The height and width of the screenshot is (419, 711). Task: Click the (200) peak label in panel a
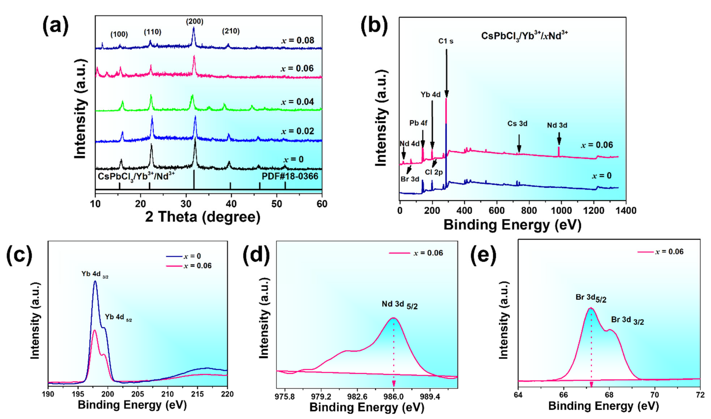[194, 21]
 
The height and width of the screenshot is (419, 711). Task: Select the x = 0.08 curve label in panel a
[298, 40]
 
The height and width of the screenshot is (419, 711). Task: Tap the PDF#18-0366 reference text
[290, 176]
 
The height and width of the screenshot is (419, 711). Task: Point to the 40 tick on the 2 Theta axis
[231, 204]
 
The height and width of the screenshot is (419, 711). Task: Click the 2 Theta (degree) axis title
[203, 217]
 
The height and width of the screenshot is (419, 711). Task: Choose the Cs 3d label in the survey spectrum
[517, 124]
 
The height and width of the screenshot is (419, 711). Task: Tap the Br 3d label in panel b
[409, 179]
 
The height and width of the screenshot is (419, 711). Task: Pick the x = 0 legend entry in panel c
[184, 256]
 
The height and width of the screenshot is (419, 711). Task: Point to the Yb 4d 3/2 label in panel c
[95, 274]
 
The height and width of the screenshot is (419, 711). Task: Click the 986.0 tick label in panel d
[393, 397]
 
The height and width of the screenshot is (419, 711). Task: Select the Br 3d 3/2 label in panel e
[627, 321]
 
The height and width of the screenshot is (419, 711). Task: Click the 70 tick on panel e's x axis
[655, 395]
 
